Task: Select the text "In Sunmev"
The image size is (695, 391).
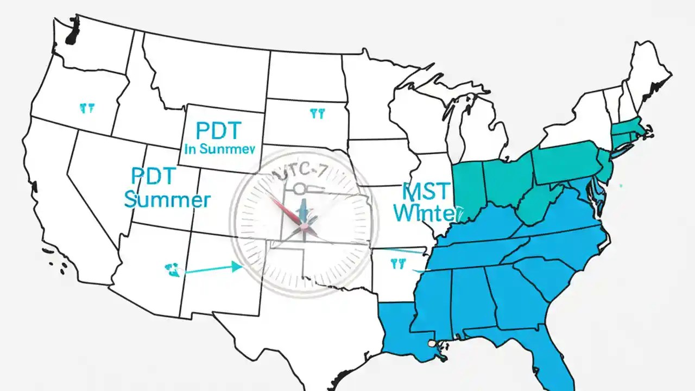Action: [220, 150]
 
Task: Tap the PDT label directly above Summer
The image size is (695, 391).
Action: [154, 176]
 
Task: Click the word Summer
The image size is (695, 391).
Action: [167, 200]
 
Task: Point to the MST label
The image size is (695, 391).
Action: [427, 192]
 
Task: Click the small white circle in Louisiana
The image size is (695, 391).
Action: [432, 343]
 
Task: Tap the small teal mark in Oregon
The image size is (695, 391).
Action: [87, 108]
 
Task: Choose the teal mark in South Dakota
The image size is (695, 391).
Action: [317, 114]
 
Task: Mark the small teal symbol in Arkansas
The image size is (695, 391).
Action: [398, 263]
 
